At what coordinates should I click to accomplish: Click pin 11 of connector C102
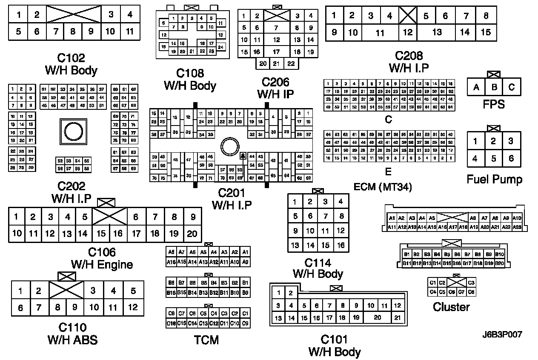click(130, 31)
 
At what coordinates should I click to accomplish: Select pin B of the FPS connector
click(494, 87)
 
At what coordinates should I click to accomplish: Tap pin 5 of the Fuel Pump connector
click(493, 159)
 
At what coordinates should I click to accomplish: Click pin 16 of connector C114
click(341, 245)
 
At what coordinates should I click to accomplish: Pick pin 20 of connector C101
click(377, 317)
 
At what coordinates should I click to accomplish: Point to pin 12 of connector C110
click(133, 307)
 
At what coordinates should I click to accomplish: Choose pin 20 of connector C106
click(192, 233)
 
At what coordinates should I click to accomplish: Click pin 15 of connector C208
click(486, 32)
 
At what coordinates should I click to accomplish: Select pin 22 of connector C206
click(291, 63)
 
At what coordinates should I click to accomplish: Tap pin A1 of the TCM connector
click(245, 252)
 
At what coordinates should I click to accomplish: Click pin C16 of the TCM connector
click(171, 323)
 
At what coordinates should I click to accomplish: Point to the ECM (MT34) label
click(383, 187)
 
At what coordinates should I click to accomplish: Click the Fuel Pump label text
click(494, 179)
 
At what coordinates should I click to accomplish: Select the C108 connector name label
click(190, 73)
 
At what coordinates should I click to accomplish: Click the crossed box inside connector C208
click(408, 16)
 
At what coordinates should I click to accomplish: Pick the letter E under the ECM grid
click(388, 172)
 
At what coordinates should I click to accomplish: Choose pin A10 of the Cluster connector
click(517, 218)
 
